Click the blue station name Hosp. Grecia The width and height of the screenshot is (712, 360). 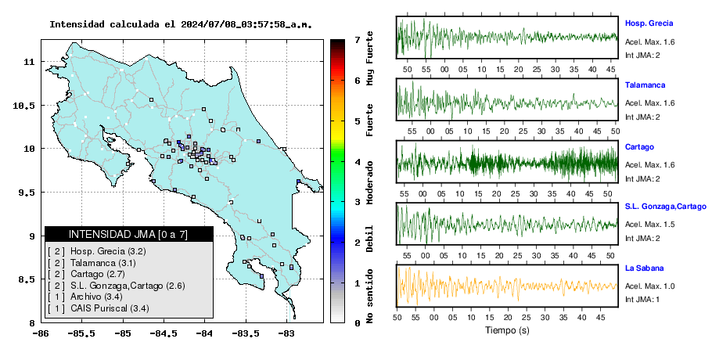tap(649, 23)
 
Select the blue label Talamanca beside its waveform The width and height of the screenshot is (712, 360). tap(645, 85)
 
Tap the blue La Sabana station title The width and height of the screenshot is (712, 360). tap(645, 268)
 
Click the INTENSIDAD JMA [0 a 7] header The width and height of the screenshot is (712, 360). tap(128, 234)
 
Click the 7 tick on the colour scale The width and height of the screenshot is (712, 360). tap(358, 40)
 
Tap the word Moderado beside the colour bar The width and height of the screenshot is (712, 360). tap(370, 182)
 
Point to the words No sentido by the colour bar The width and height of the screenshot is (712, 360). tap(370, 296)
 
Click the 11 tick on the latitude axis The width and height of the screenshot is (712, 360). tap(29, 61)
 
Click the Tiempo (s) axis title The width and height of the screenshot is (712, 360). tap(507, 330)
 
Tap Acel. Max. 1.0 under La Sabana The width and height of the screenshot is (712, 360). tap(649, 286)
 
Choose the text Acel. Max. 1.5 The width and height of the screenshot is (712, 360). tap(649, 225)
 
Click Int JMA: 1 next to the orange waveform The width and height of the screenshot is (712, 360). tap(642, 299)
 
